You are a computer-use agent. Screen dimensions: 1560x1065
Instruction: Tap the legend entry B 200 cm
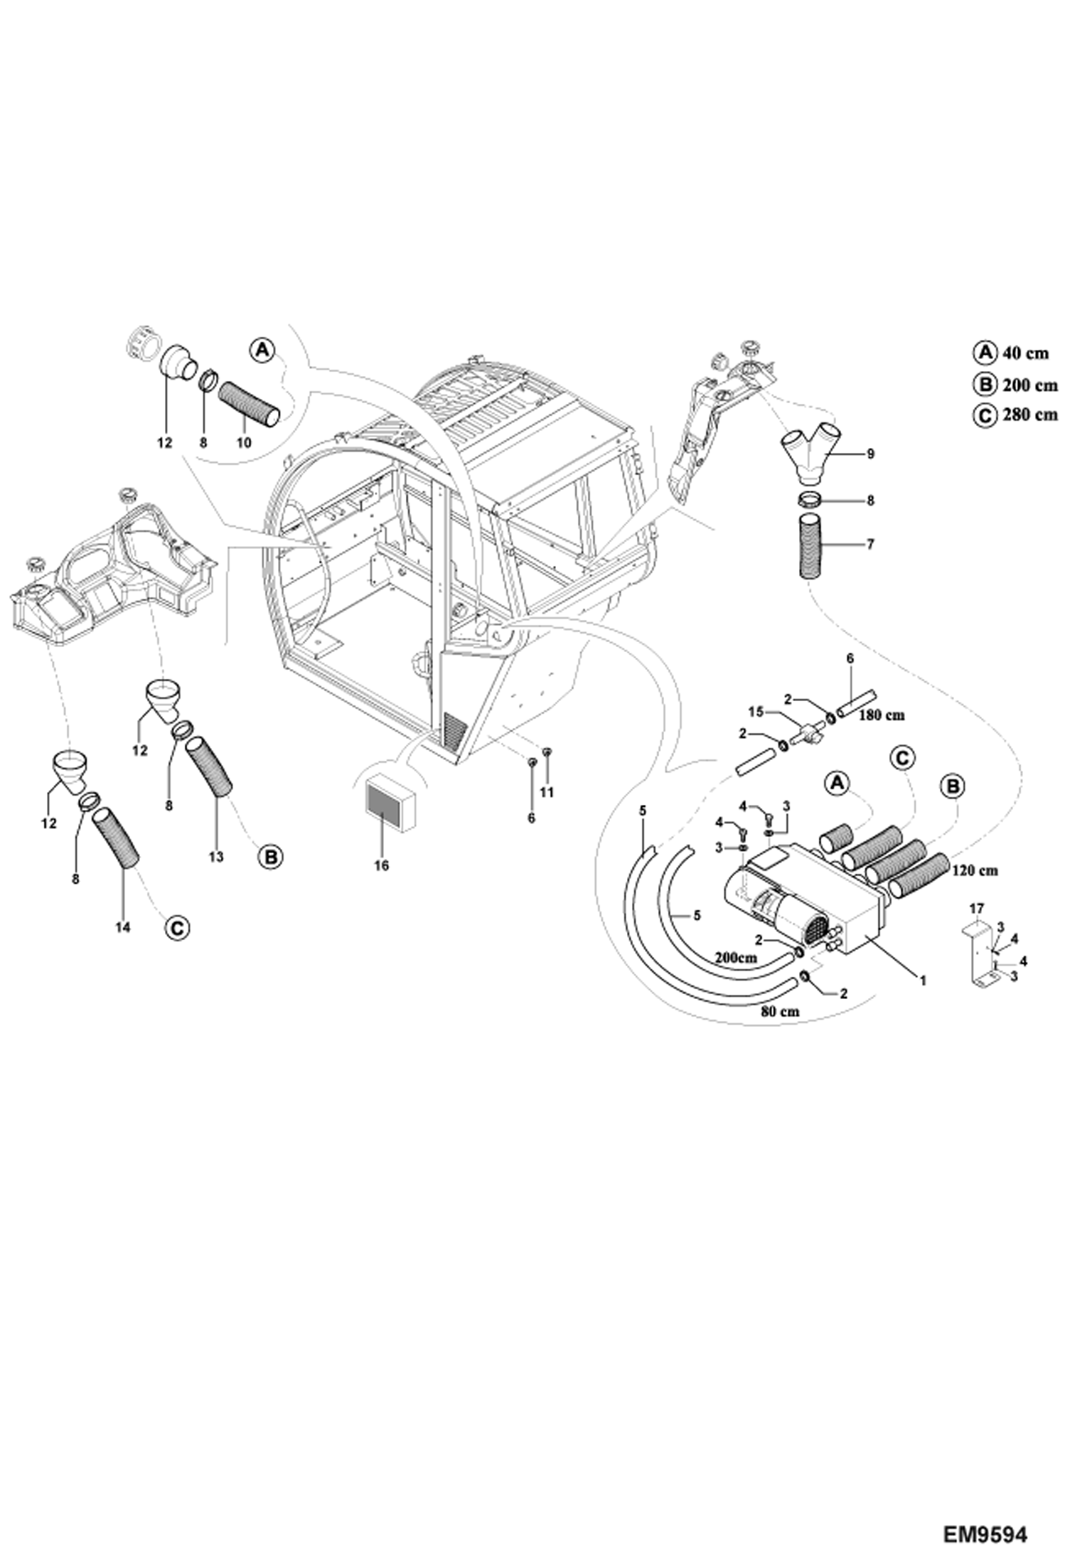pos(1015,385)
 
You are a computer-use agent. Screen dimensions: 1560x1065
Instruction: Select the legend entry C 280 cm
pos(1015,415)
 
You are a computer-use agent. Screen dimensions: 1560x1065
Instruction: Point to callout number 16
pos(381,866)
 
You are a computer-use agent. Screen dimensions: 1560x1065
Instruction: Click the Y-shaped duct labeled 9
pos(809,452)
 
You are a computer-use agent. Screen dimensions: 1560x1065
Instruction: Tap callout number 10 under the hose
pos(244,442)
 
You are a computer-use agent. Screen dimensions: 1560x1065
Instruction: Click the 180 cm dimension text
pos(881,715)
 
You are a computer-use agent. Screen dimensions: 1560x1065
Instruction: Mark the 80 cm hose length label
pos(780,1012)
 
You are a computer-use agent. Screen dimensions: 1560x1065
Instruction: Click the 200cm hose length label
pos(735,958)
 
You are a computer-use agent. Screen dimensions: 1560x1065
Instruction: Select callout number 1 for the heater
pos(922,981)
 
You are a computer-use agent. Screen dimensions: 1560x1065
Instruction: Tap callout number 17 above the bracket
pos(975,908)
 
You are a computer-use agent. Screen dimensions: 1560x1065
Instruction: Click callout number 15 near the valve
pos(755,711)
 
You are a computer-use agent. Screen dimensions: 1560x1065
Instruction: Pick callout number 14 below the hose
pos(123,927)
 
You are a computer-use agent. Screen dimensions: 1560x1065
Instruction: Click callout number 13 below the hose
pos(216,857)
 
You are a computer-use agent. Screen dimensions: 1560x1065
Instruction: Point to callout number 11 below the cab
pos(546,792)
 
